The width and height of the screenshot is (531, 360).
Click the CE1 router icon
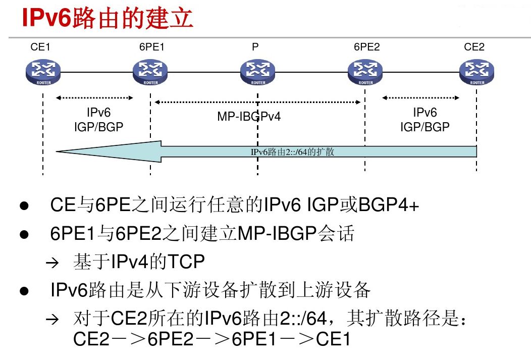(43, 72)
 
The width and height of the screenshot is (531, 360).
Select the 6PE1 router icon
(150, 72)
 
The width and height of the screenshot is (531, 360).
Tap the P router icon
(258, 72)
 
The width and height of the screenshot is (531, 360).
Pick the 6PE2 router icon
(365, 72)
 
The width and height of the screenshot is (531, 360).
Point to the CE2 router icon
(476, 72)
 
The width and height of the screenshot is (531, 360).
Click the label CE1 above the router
(40, 47)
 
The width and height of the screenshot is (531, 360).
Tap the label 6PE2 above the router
(366, 47)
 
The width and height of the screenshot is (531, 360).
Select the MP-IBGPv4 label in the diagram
(249, 117)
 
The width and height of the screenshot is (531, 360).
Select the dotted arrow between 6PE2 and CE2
(421, 97)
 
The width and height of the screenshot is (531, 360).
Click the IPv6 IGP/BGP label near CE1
(98, 120)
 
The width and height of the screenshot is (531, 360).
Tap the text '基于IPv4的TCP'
(139, 262)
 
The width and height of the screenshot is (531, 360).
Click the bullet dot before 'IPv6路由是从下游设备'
(23, 292)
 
